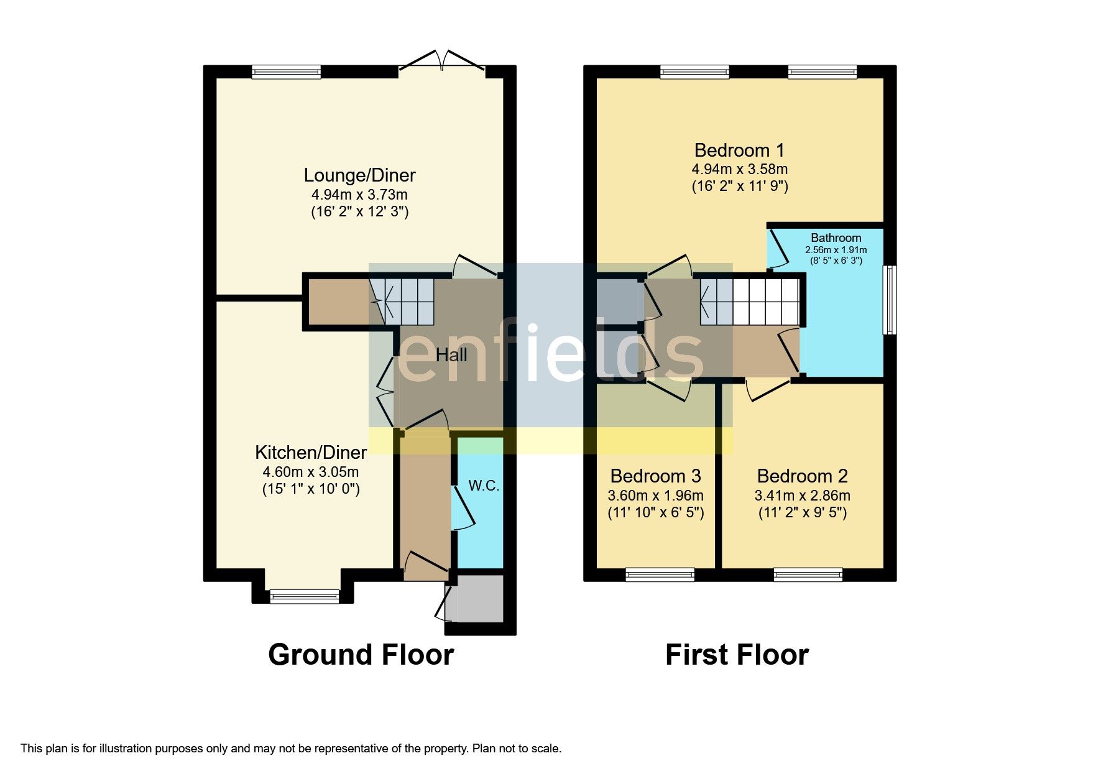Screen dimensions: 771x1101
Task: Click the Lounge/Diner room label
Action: pyautogui.click(x=359, y=175)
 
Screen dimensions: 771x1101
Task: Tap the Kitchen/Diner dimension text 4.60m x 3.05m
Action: pyautogui.click(x=311, y=472)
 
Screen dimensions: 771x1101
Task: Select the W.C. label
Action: pyautogui.click(x=484, y=486)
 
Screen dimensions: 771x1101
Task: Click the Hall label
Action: pyautogui.click(x=451, y=355)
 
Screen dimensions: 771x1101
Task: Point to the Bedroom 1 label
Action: pyautogui.click(x=739, y=150)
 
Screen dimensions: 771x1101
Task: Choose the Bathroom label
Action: pyautogui.click(x=836, y=238)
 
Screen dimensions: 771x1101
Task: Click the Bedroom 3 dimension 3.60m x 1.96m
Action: pyautogui.click(x=655, y=496)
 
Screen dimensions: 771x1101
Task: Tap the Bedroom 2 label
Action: pyautogui.click(x=802, y=476)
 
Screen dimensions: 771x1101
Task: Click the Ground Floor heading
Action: pyautogui.click(x=361, y=655)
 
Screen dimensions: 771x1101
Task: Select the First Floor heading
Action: pyautogui.click(x=737, y=655)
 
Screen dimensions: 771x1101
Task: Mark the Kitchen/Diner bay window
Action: pyautogui.click(x=305, y=597)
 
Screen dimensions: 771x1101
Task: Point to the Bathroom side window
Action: pyautogui.click(x=890, y=300)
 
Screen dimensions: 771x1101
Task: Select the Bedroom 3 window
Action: pyautogui.click(x=660, y=575)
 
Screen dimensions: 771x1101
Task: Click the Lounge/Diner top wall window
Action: pyautogui.click(x=287, y=72)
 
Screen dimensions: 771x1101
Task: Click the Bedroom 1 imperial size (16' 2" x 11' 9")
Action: pyautogui.click(x=740, y=186)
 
